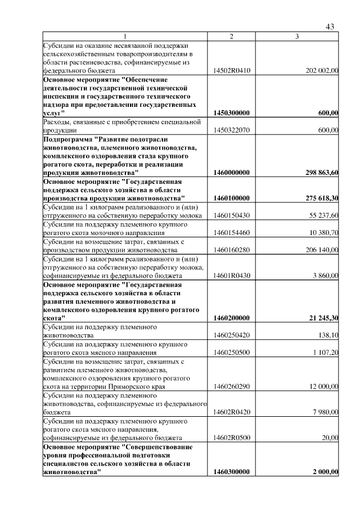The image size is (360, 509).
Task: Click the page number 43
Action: [x=330, y=27]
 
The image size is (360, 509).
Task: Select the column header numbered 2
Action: [x=231, y=37]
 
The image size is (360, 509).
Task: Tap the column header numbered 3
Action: [x=297, y=37]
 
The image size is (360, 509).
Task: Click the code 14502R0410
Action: [x=231, y=71]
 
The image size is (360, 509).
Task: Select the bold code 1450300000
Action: [x=231, y=113]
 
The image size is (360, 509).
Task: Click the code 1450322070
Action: [x=231, y=130]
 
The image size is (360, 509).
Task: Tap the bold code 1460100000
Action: [x=231, y=198]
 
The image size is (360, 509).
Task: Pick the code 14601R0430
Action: [x=231, y=276]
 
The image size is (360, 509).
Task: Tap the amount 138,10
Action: [x=328, y=335]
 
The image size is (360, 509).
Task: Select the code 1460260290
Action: [x=231, y=386]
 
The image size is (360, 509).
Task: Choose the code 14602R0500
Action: [x=231, y=438]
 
